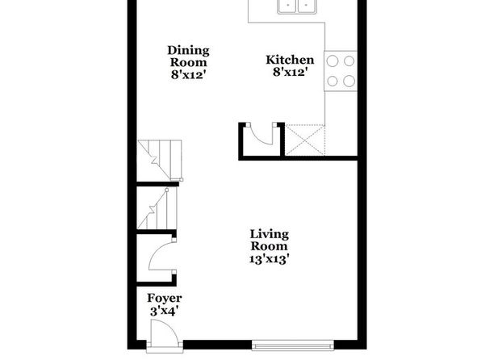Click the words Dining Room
click(188, 57)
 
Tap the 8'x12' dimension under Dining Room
click(188, 75)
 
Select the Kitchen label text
click(290, 60)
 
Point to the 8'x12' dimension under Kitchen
click(290, 73)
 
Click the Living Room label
click(270, 241)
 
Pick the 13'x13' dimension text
click(270, 259)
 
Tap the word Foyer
click(165, 299)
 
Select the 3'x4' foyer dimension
click(164, 312)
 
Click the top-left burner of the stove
click(333, 61)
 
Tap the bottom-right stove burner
click(349, 81)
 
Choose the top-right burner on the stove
click(349, 61)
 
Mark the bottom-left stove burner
click(333, 81)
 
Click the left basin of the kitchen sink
click(287, 6)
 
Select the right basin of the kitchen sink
click(307, 6)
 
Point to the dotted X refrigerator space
click(304, 140)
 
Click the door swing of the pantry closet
click(261, 135)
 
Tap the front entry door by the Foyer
click(165, 334)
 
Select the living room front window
click(293, 345)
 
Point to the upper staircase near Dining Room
click(160, 160)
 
